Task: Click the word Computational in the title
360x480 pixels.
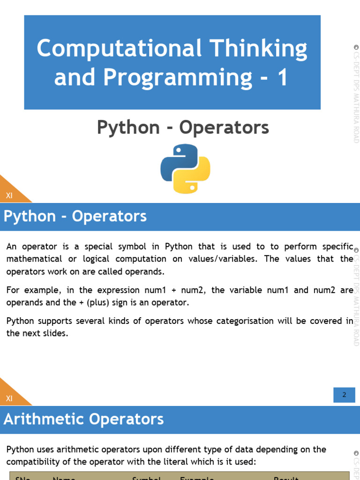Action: point(119,49)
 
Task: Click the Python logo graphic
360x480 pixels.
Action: point(185,169)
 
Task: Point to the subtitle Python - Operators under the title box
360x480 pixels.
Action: point(183,127)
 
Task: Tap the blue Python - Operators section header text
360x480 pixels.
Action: point(75,217)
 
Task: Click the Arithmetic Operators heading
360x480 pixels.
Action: point(83,419)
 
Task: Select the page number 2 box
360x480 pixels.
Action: point(344,395)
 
